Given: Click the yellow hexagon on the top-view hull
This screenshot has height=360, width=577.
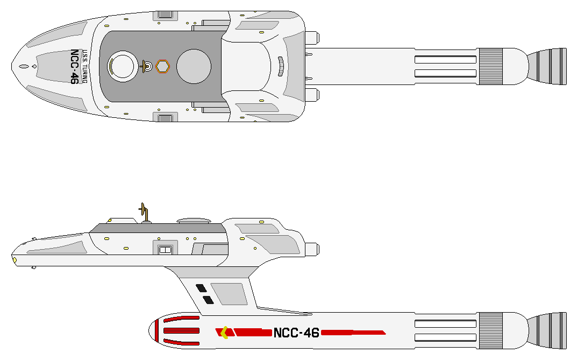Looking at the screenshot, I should point(162,66).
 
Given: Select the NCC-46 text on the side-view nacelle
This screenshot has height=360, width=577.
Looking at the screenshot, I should point(296,333).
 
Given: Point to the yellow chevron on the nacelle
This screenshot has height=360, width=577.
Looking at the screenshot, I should point(224,333).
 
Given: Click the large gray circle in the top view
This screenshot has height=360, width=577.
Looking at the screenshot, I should point(194,66).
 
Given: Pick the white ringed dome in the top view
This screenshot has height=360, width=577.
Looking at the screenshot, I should point(122,66).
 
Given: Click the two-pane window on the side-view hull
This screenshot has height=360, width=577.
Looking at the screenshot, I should point(165,249).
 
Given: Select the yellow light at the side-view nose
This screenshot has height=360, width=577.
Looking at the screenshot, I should point(15,260).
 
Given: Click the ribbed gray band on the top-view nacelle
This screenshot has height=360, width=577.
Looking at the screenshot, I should point(490,66).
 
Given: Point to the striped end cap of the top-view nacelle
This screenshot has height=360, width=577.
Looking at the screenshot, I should point(547,66).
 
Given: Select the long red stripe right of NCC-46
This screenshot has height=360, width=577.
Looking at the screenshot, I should point(353,332).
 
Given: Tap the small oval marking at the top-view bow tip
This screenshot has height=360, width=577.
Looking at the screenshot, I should point(23,67).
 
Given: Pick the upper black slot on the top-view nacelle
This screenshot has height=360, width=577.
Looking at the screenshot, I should point(445,59).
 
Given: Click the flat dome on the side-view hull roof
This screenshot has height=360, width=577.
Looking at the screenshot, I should point(193,221).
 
